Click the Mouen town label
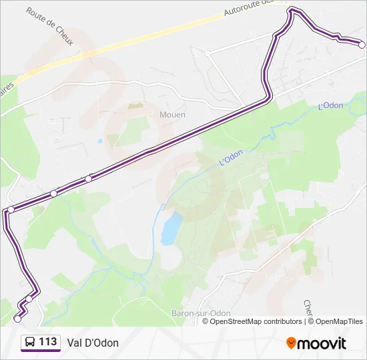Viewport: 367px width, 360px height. [x=172, y=115]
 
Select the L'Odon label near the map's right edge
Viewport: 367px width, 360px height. [x=330, y=105]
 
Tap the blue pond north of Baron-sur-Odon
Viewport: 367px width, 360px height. [x=171, y=229]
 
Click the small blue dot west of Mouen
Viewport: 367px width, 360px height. [x=100, y=141]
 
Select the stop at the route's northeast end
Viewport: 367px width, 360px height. [x=362, y=45]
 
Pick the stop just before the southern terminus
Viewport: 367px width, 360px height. [x=29, y=299]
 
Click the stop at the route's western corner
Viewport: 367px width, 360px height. [x=11, y=210]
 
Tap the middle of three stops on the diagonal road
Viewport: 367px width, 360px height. [x=53, y=193]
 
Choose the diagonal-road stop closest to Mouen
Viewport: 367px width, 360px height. [x=88, y=179]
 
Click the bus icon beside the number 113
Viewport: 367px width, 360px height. [x=30, y=343]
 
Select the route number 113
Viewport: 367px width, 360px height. [x=48, y=342]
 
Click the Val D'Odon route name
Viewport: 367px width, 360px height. [x=93, y=343]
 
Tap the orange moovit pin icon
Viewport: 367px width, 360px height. [x=291, y=343]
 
